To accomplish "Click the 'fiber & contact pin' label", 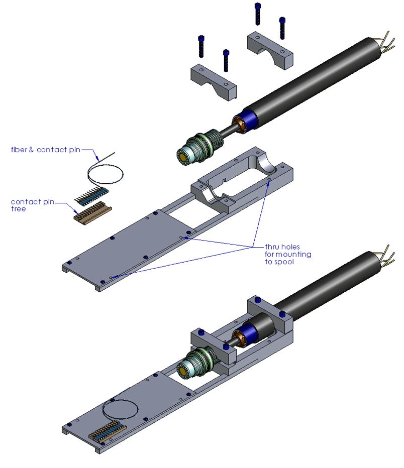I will (45, 149).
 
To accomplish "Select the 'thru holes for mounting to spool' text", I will (288, 255).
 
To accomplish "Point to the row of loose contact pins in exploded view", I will (92, 195).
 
